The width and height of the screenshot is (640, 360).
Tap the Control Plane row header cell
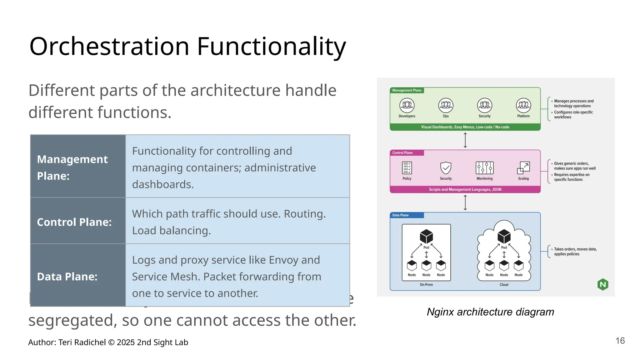point(78,222)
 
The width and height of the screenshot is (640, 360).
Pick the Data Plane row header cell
point(78,276)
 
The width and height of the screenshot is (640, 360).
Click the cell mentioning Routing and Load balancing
point(237,222)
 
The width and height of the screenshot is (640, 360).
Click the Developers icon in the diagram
point(407,106)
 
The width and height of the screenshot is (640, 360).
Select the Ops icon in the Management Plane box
point(446,106)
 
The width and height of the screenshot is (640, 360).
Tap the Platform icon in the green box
point(523,106)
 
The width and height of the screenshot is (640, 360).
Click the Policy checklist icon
point(407,168)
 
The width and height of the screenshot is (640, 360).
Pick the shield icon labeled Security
point(446,168)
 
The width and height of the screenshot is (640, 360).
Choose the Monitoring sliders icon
point(484,168)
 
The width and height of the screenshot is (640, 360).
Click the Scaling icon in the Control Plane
point(523,168)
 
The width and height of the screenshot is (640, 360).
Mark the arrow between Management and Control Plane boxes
point(465,140)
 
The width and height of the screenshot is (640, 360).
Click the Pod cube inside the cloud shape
point(504,236)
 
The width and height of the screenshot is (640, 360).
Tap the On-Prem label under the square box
point(426,285)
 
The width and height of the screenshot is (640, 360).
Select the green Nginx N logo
point(603,284)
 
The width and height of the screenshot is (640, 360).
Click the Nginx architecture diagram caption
point(490,312)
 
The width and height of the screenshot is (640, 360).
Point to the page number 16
point(620,341)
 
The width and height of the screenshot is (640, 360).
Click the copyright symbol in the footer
point(111,342)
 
